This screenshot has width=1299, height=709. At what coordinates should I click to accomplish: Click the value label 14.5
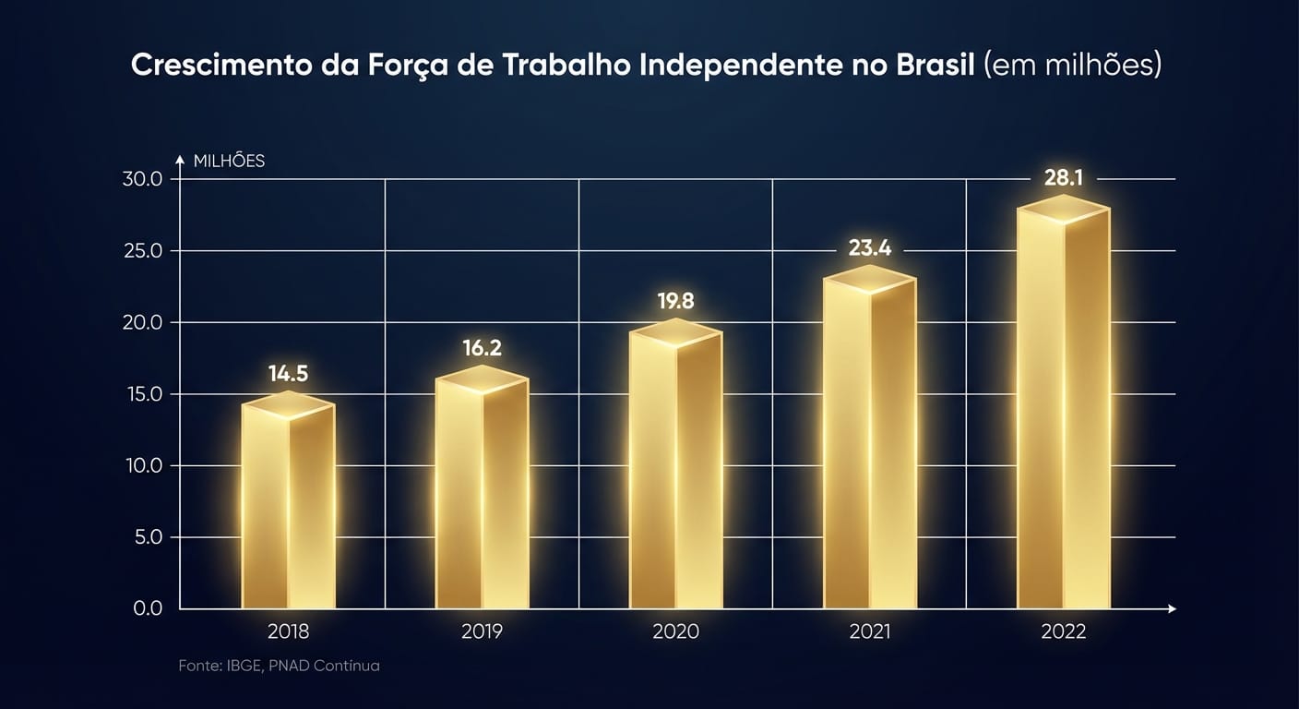288,374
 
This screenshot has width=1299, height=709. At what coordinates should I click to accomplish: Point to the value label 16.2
482,348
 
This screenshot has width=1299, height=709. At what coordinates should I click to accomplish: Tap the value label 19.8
675,302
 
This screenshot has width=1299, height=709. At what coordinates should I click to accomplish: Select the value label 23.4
870,248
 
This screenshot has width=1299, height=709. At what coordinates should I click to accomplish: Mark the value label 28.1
1063,177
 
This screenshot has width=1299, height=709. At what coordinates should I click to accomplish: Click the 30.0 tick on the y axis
142,179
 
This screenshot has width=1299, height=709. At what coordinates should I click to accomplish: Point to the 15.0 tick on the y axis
142,394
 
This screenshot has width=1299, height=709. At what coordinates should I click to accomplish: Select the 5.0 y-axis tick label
148,537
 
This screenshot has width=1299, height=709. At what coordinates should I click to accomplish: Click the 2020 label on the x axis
675,632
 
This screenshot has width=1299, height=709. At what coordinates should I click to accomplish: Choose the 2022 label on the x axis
1063,632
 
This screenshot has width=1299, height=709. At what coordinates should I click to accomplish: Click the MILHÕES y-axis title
229,162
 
